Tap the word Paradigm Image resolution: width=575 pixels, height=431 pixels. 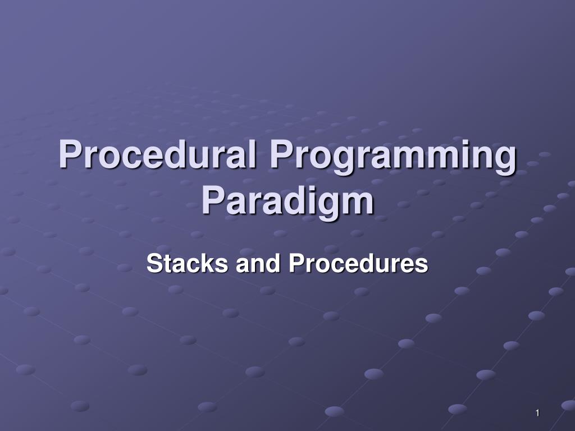point(287,201)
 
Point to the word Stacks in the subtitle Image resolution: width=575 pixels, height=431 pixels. point(187,263)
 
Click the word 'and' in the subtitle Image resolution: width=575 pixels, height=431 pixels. point(258,263)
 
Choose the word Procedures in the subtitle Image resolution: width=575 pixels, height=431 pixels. point(358,263)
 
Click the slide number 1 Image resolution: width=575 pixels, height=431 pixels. point(537,413)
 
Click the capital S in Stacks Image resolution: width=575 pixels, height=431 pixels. point(154,263)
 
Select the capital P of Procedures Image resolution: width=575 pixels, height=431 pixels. point(296,263)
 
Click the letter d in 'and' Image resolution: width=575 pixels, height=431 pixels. point(274,263)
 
